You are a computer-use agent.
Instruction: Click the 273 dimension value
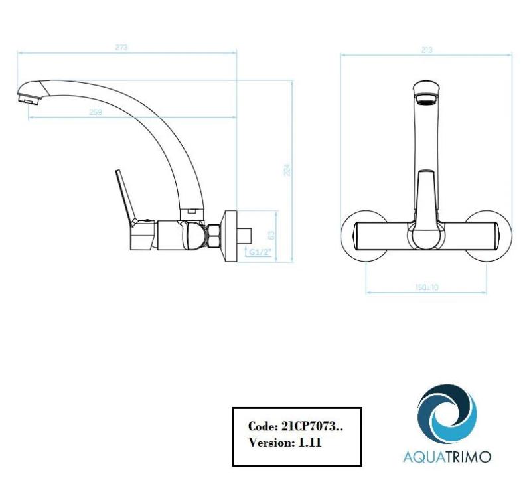pyautogui.click(x=121, y=47)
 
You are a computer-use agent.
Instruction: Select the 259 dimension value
pyautogui.click(x=96, y=112)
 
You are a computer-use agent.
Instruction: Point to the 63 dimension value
pyautogui.click(x=270, y=236)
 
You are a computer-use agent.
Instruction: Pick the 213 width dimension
pyautogui.click(x=427, y=50)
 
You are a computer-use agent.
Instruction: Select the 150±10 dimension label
pyautogui.click(x=427, y=287)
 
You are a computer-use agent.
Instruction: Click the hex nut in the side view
pyautogui.click(x=214, y=236)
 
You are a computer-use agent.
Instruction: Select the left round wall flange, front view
pyautogui.click(x=358, y=236)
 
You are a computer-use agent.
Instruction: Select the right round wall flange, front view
pyautogui.click(x=495, y=236)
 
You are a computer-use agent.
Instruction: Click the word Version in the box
pyautogui.click(x=268, y=442)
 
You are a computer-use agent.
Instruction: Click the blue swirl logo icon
pyautogui.click(x=446, y=416)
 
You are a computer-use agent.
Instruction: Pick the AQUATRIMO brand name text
pyautogui.click(x=447, y=457)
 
